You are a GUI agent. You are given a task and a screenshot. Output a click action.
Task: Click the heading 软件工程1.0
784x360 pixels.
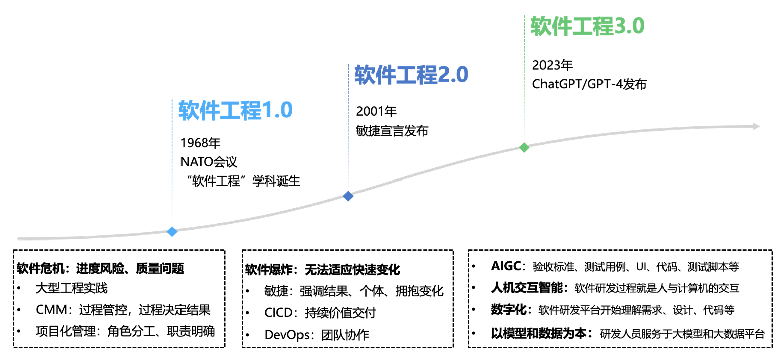(x=235, y=110)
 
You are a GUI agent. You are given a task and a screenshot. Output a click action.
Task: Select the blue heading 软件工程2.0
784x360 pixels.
(x=411, y=75)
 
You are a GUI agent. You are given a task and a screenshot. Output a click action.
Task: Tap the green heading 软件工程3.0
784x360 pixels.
(x=588, y=26)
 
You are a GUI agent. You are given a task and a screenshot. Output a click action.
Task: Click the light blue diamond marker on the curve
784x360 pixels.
(x=172, y=231)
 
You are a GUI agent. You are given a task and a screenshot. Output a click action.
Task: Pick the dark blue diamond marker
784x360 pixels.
(x=348, y=196)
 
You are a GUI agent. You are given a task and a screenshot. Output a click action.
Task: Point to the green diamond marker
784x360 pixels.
(x=524, y=147)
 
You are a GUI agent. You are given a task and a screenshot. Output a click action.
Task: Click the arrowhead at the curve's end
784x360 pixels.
(x=756, y=126)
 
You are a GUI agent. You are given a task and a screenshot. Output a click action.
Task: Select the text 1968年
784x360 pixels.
(x=200, y=143)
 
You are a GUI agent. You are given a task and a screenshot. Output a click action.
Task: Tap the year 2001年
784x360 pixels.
(x=376, y=111)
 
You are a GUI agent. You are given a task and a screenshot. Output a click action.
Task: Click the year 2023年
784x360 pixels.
(x=552, y=65)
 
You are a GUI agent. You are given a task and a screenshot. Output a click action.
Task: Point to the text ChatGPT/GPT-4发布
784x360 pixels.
(x=589, y=84)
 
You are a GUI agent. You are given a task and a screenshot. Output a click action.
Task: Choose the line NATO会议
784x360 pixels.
(x=209, y=162)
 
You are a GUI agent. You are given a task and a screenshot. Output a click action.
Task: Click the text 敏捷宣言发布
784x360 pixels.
(x=392, y=131)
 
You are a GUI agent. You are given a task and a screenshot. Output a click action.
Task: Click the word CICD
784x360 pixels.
(x=279, y=313)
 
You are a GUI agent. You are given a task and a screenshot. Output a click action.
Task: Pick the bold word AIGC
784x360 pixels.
(x=506, y=266)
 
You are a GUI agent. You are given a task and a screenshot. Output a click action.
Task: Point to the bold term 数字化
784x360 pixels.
(x=509, y=309)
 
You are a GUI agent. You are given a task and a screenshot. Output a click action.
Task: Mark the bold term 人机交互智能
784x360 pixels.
(x=527, y=288)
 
